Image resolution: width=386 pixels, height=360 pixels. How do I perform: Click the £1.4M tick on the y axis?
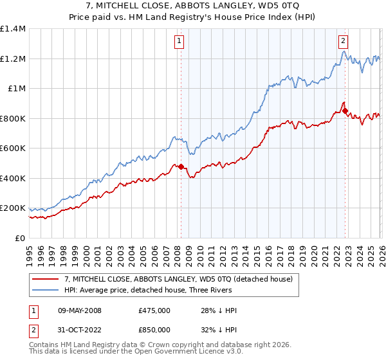(13, 29)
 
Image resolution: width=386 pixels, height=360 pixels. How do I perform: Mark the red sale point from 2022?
(345, 111)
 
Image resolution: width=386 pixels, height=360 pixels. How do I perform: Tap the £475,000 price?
(154, 311)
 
